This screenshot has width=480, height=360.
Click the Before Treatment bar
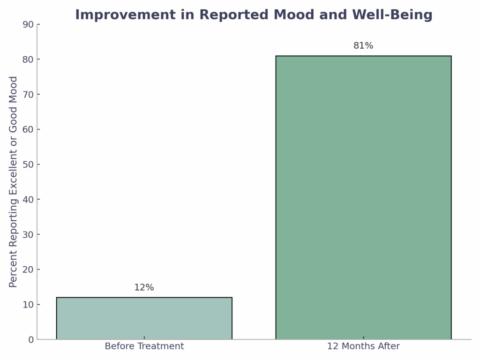click(x=144, y=318)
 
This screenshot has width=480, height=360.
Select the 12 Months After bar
click(x=363, y=197)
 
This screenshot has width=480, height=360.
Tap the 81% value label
click(x=363, y=46)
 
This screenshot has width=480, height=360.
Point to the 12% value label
click(x=144, y=288)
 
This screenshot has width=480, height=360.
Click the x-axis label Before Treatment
click(x=144, y=346)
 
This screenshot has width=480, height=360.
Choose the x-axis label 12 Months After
click(x=363, y=346)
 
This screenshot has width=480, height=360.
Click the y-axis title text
click(x=14, y=182)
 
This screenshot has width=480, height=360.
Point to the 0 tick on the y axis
click(x=31, y=340)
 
